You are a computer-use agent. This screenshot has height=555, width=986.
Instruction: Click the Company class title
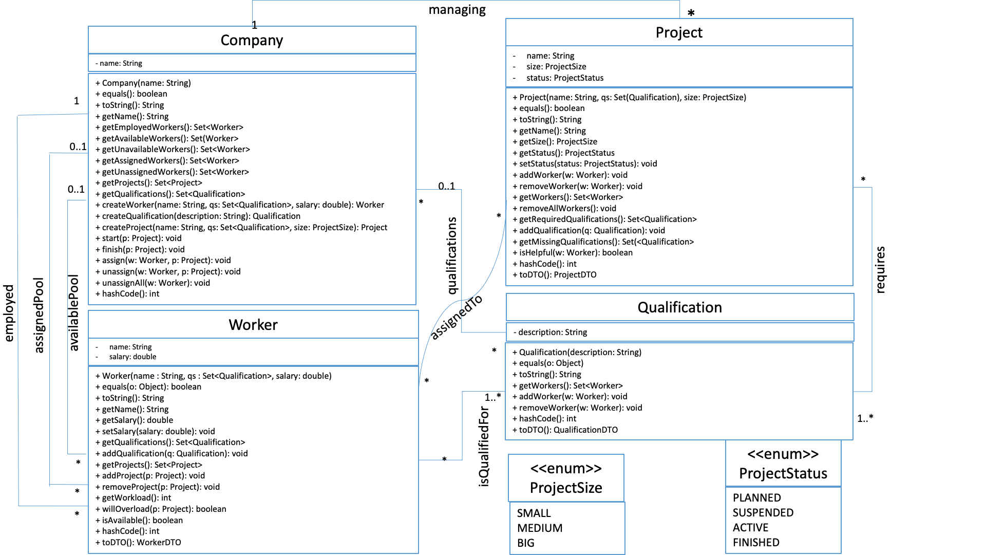tap(252, 40)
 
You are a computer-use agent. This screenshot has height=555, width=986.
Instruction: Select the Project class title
tap(679, 32)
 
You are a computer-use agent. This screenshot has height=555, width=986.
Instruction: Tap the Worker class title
tap(253, 325)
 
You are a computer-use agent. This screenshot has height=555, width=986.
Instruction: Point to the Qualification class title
tap(679, 307)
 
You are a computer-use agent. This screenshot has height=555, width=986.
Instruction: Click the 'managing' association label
tap(457, 10)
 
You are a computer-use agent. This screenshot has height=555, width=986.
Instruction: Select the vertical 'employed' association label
tap(9, 313)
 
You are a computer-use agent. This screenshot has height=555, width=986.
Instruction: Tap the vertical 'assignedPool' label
tap(39, 316)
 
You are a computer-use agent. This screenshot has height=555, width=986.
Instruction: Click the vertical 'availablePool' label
tap(74, 313)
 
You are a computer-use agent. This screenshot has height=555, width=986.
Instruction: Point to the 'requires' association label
tap(880, 270)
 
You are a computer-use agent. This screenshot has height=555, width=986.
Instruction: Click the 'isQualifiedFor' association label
tap(484, 446)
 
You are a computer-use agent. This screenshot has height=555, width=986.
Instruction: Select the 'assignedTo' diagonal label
tap(456, 317)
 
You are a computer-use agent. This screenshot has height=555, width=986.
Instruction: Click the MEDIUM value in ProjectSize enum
tap(540, 528)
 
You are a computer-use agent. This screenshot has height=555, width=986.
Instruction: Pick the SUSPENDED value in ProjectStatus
tap(763, 512)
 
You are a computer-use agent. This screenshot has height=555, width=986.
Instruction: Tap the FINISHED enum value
tap(756, 542)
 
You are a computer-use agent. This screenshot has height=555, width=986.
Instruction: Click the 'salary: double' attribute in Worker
tap(132, 357)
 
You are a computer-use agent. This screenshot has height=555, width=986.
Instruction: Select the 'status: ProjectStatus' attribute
tap(564, 78)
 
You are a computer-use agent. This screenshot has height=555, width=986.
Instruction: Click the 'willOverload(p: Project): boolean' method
tap(164, 509)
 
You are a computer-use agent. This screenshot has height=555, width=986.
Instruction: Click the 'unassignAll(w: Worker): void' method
tap(156, 283)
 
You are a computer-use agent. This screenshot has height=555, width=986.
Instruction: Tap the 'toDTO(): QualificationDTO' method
tap(568, 430)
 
